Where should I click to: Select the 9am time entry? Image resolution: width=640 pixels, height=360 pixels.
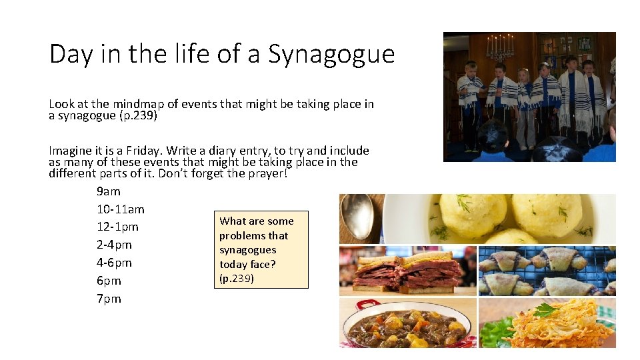109,191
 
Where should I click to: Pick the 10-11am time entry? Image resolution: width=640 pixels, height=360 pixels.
121,209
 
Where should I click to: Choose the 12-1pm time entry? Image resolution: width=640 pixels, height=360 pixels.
117,227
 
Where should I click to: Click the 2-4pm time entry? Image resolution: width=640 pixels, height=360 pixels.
114,245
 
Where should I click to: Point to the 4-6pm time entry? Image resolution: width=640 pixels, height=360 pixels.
114,263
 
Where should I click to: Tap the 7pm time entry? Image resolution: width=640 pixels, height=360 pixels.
109,299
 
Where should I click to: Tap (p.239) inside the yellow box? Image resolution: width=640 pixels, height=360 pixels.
237,279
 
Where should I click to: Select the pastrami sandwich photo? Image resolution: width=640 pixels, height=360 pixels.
407,270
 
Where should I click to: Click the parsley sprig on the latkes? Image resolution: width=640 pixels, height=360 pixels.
545,309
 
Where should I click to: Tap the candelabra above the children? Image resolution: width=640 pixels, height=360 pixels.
500,47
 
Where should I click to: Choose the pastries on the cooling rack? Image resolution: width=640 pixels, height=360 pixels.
547,270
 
